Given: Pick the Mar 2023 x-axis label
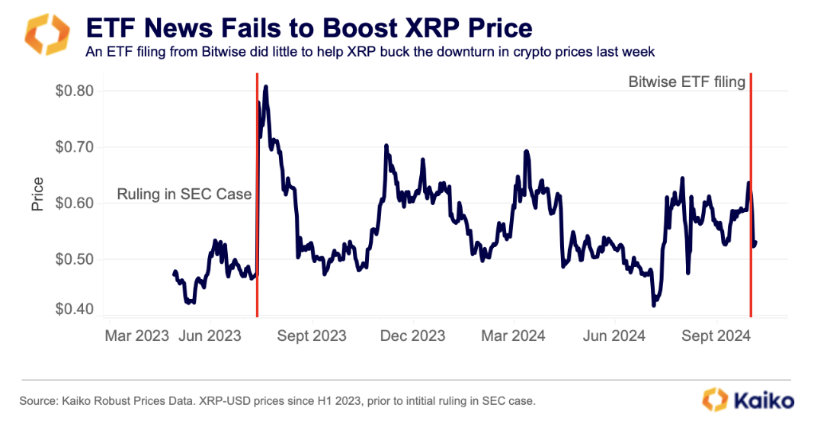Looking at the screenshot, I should click(136, 336).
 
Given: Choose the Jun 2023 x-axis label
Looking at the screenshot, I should click(209, 336).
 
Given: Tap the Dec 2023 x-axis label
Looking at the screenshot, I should click(412, 336).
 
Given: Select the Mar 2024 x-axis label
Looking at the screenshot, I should click(513, 336).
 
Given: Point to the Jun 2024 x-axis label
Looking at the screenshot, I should click(614, 336).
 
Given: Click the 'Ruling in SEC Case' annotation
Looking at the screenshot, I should click(184, 194).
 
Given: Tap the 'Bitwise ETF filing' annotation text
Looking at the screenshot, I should click(686, 82).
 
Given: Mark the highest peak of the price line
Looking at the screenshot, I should click(265, 87).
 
